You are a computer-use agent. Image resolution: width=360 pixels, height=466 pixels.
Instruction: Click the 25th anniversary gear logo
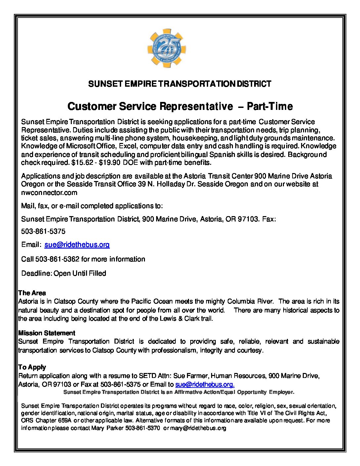coord(166,48)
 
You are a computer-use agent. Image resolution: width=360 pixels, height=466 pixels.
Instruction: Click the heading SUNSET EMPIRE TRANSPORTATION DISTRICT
coord(180,84)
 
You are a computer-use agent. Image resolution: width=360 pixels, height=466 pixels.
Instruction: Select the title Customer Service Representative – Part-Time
coord(180,106)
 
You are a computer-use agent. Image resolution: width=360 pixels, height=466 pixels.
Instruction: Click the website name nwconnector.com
coord(49,193)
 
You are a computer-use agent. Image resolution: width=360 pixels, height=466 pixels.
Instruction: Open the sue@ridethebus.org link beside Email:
coord(77,245)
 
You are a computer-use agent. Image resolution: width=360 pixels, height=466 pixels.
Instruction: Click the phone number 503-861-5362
coord(57,259)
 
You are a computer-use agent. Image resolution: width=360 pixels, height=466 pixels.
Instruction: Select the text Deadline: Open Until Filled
coord(64,273)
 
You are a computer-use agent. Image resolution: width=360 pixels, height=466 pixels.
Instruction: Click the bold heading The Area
coord(32,293)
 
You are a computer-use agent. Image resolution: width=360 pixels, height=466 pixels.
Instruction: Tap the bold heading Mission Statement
coord(47,333)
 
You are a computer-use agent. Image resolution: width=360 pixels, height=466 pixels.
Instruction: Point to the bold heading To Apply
coord(32,367)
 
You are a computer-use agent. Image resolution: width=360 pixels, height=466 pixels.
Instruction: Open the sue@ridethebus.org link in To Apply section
coord(204,385)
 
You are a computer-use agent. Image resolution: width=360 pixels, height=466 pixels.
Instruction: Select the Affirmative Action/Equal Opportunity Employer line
coord(179,392)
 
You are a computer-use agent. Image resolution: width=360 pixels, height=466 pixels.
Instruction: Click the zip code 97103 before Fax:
coord(248,219)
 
